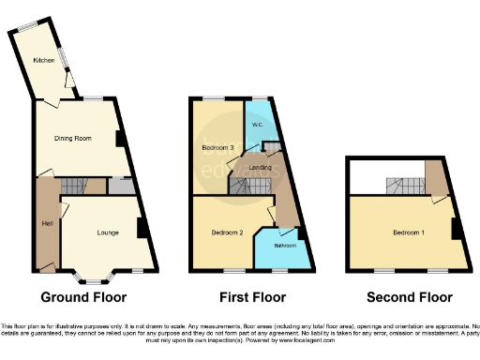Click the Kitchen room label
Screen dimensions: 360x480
[x=44, y=61]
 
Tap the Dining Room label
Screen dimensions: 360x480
[x=77, y=138]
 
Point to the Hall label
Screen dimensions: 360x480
[x=46, y=223]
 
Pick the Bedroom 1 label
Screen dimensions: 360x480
[x=410, y=232]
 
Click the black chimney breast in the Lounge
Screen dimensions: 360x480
[x=140, y=227]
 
